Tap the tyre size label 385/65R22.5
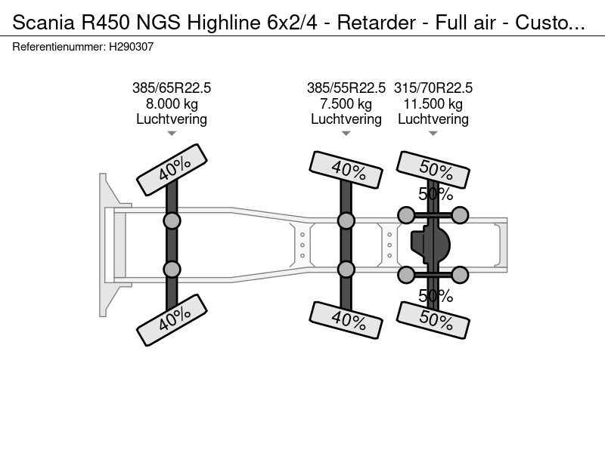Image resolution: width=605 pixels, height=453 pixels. click(172, 88)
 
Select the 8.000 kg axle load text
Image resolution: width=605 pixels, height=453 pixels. click(172, 103)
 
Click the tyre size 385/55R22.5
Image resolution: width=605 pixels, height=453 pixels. click(346, 88)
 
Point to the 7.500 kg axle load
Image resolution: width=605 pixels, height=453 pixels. click(346, 103)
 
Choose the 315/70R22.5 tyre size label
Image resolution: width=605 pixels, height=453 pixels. click(433, 88)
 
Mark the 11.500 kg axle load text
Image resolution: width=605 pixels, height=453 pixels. click(433, 103)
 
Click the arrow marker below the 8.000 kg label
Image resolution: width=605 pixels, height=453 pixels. click(172, 134)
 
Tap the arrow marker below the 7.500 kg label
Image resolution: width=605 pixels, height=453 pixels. click(346, 134)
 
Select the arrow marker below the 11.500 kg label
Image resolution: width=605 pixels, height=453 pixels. click(433, 134)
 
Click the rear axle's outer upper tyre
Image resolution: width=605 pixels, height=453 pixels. click(435, 169)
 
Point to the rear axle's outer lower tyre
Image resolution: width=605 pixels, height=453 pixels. click(435, 321)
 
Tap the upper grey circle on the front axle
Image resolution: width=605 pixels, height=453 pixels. click(172, 220)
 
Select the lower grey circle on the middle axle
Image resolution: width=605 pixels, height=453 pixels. click(346, 269)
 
